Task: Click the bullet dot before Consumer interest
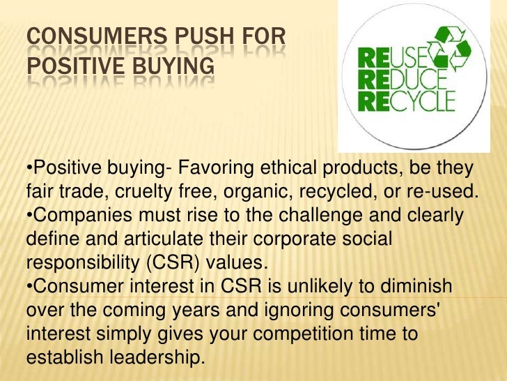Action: tap(29, 287)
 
